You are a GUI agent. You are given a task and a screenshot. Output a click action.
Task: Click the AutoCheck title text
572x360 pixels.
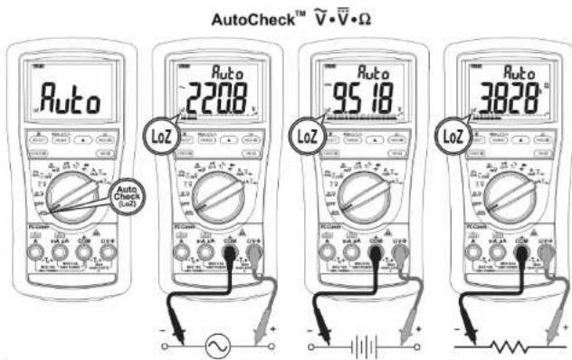click(x=285, y=18)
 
